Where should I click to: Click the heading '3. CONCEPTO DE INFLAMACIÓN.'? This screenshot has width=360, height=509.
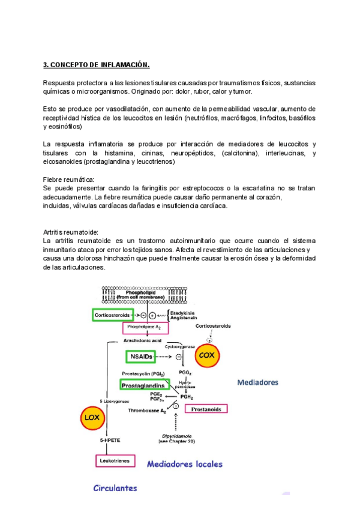tap(97, 64)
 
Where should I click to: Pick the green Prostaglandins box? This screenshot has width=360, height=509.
tap(145, 385)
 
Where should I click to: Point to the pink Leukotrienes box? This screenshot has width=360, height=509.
tap(113, 461)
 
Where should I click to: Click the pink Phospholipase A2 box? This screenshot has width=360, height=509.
tap(145, 328)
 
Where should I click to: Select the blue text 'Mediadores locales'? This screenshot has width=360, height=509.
tap(184, 463)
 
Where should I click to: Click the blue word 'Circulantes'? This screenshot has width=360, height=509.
tap(115, 488)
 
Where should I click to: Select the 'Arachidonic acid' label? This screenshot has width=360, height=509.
tap(144, 340)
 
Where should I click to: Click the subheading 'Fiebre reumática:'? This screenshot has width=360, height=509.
tap(68, 179)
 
